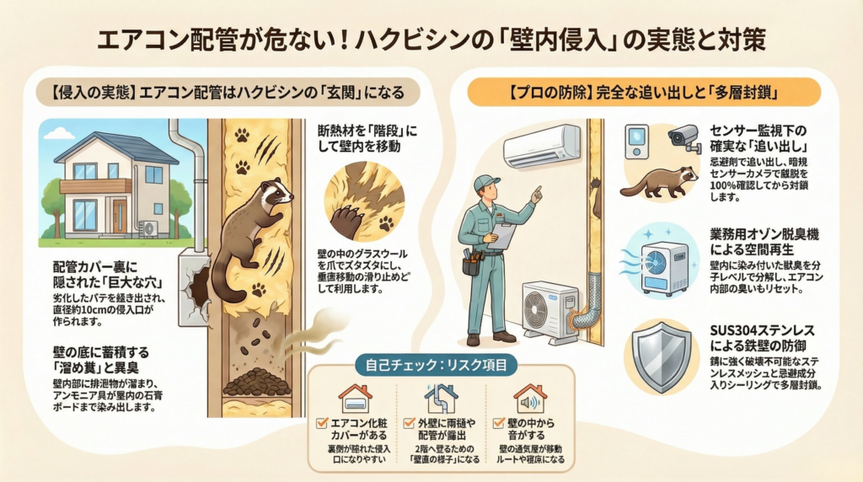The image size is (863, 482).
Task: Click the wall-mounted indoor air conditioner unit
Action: [542, 146]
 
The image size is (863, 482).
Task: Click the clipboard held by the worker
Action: [503, 235]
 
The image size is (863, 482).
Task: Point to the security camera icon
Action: [683, 137]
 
